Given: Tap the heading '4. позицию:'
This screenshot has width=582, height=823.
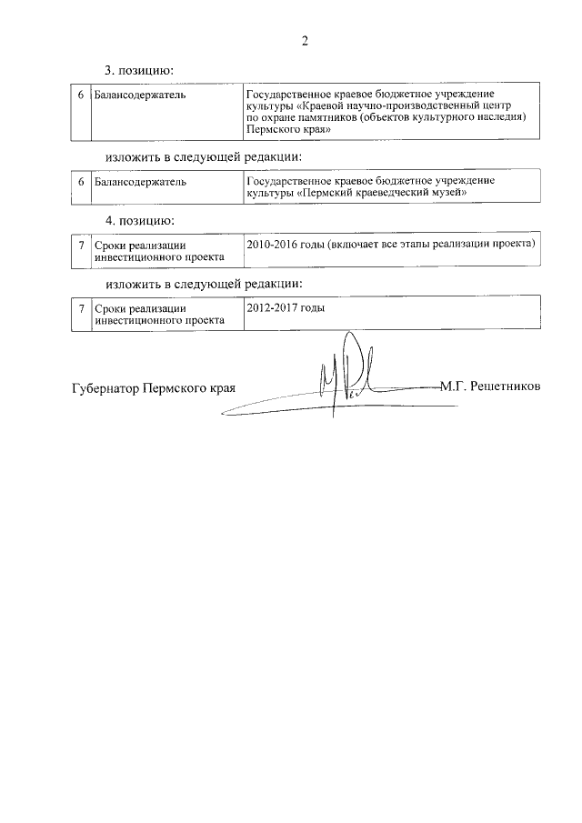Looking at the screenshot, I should [x=139, y=222].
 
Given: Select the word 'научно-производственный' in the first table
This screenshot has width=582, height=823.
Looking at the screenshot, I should [x=406, y=106].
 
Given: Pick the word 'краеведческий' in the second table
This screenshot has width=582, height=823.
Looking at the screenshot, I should [x=398, y=193].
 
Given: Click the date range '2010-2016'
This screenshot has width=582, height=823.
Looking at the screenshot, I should [x=270, y=246].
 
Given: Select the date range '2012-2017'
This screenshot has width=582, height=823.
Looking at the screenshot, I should [x=270, y=307].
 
